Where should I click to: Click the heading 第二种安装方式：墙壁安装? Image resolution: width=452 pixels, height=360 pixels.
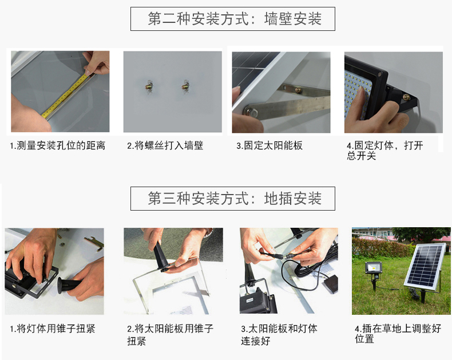pyautogui.click(x=235, y=19)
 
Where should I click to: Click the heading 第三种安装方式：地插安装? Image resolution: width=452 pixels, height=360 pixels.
pyautogui.click(x=235, y=199)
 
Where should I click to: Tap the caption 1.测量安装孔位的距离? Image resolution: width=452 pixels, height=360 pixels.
pyautogui.click(x=58, y=145)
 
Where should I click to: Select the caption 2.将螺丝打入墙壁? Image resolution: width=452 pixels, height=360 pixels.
pyautogui.click(x=165, y=145)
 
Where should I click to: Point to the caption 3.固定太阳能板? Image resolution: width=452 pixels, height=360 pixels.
pyautogui.click(x=269, y=145)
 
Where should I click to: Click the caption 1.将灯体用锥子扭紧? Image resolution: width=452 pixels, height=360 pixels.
pyautogui.click(x=53, y=329)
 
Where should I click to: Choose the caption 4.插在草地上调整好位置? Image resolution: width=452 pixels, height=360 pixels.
pyautogui.click(x=398, y=334)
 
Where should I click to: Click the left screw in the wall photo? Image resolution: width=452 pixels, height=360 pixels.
pyautogui.click(x=149, y=86)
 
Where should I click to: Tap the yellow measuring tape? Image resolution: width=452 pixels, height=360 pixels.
pyautogui.click(x=65, y=96)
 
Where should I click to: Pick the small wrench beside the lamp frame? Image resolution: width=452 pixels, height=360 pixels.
pyautogui.click(x=94, y=242)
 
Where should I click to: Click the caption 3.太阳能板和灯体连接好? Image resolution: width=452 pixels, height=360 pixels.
pyautogui.click(x=279, y=335)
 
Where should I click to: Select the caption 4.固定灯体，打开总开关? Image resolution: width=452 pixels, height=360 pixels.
pyautogui.click(x=385, y=151)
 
